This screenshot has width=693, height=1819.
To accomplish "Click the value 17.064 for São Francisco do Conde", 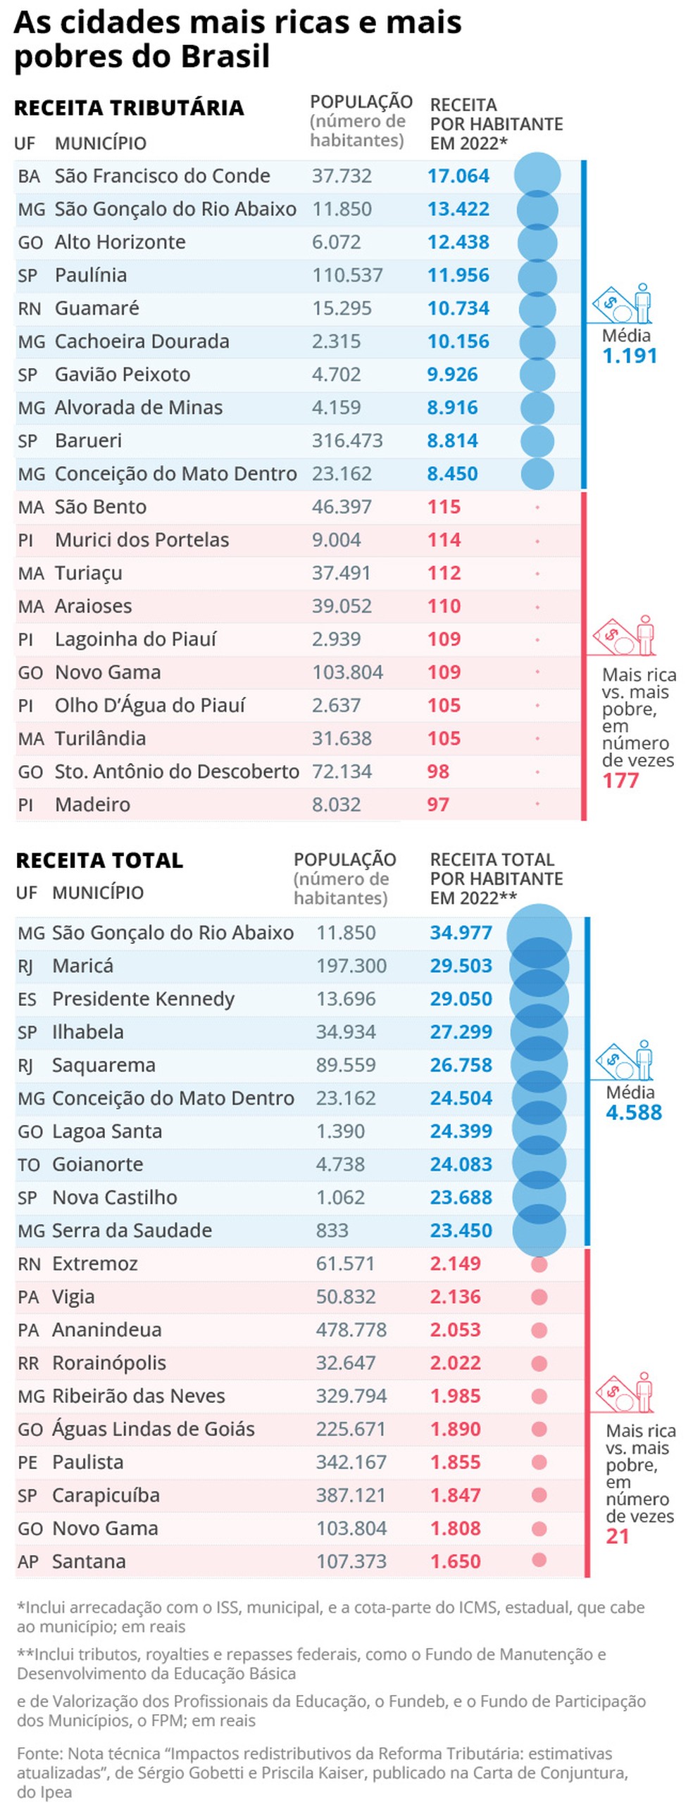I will pos(458,176).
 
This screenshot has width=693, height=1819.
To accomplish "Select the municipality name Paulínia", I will pos(90,275).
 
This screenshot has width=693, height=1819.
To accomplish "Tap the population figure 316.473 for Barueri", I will pos(347,441).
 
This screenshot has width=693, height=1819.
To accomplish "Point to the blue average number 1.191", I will pos(629,356).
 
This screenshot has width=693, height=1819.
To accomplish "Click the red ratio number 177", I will pos(620,781).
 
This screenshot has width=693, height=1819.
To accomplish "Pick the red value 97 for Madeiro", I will pos(437,805).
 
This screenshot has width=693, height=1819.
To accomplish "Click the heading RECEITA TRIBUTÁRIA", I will pos(129,108).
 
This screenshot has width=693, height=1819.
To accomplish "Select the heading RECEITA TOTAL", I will pos(99,860).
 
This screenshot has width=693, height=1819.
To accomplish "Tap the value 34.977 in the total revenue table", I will pos(461,933).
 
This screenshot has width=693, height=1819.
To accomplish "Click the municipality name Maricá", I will pos(82,966).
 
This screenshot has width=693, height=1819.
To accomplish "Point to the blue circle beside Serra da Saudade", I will pos(538,1230).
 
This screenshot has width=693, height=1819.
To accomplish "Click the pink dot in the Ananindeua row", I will pos(538,1330).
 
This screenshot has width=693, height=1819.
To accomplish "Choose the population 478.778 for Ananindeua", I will pos(351,1330).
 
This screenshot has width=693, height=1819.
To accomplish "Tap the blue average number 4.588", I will pos(633,1113).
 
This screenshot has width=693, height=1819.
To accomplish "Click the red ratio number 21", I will pos(617,1537).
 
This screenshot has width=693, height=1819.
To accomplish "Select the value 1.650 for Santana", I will pos(455,1562).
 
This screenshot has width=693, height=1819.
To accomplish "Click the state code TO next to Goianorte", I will pos(28,1165).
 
